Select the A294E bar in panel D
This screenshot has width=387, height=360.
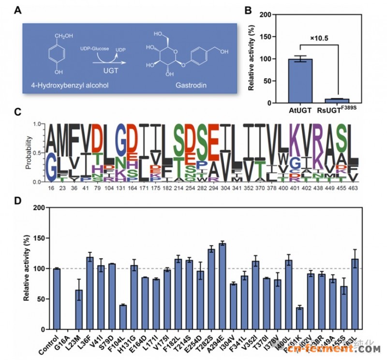(x=223, y=286)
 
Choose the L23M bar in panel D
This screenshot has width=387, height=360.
(x=79, y=309)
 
